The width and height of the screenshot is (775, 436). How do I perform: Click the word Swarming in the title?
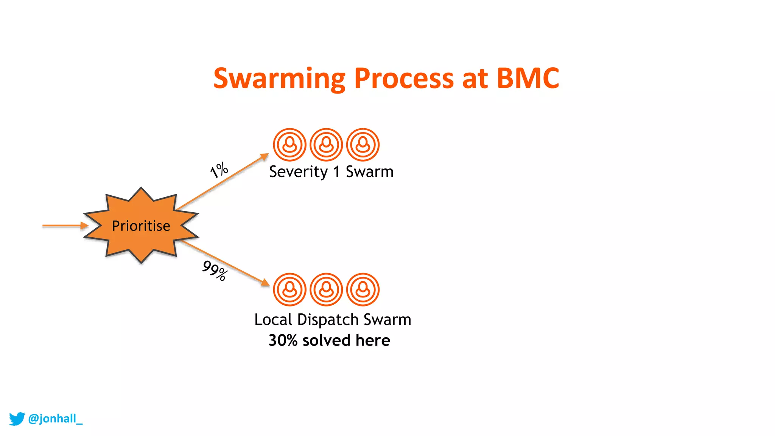(279, 79)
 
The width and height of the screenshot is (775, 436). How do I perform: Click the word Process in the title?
(403, 79)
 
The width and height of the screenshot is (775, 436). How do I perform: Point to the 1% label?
(219, 170)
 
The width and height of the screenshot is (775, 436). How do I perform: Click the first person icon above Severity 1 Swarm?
(289, 145)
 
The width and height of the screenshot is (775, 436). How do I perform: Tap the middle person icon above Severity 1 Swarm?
(326, 145)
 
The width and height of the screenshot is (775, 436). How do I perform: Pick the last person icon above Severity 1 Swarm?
(363, 145)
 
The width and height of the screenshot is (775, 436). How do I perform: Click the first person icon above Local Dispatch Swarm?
(289, 290)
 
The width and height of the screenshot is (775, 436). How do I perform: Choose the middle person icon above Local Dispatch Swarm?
(326, 290)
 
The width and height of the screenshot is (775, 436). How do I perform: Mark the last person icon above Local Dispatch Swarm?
(363, 290)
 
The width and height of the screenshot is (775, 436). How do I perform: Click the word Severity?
(298, 172)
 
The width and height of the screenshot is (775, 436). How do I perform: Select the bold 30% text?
(283, 340)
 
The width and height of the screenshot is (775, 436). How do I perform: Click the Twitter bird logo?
(17, 419)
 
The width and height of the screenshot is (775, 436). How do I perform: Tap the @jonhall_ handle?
(55, 419)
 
